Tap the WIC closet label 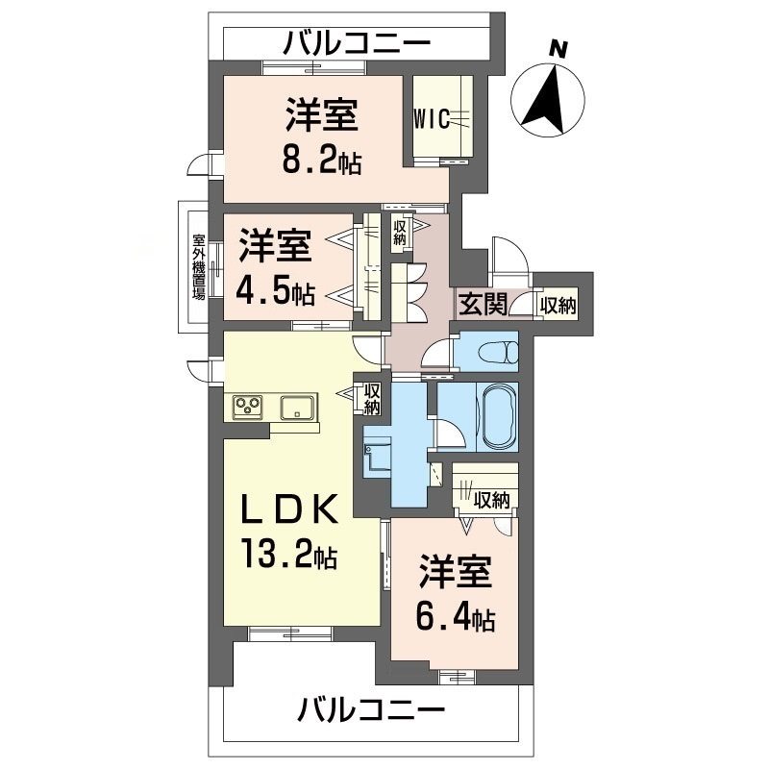click(x=432, y=119)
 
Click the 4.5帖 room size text click(x=276, y=292)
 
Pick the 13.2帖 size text click(x=289, y=552)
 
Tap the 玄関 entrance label click(x=483, y=304)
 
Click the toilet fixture click(x=498, y=352)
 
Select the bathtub click(x=499, y=417)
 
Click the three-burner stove click(x=248, y=407)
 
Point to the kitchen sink click(x=297, y=408)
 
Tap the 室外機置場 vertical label click(x=199, y=267)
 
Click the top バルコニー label click(x=358, y=43)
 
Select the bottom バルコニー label click(x=372, y=709)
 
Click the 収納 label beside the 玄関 click(x=558, y=306)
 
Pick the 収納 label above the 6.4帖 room click(x=492, y=500)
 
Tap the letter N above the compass click(x=558, y=49)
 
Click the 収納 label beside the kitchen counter click(x=372, y=399)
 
